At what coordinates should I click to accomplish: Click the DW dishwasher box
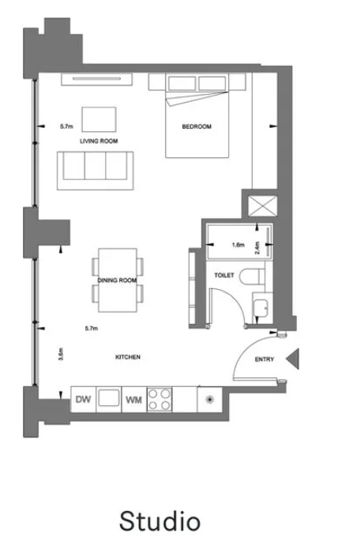click(x=83, y=400)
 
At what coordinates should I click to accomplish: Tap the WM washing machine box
click(x=134, y=400)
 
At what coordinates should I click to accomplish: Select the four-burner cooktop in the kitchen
click(x=159, y=400)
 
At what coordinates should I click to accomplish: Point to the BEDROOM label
click(x=197, y=126)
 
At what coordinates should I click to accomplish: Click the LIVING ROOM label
click(x=99, y=141)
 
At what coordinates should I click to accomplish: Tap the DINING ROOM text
click(x=117, y=280)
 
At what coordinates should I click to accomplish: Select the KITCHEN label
click(x=128, y=357)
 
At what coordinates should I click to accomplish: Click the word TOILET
click(x=224, y=275)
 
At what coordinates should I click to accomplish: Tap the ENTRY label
click(x=264, y=359)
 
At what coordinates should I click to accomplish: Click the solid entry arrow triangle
click(x=293, y=359)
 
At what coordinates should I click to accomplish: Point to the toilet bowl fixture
click(x=252, y=276)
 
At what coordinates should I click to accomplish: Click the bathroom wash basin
click(x=263, y=308)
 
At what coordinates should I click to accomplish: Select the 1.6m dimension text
click(x=238, y=245)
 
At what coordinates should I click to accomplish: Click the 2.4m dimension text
click(x=257, y=248)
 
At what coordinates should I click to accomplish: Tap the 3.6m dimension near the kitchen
click(x=61, y=355)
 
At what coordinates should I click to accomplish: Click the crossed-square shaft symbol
click(x=262, y=206)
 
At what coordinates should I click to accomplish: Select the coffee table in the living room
click(x=99, y=119)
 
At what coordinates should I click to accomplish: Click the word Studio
click(x=159, y=521)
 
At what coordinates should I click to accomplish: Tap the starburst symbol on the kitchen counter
click(x=210, y=400)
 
